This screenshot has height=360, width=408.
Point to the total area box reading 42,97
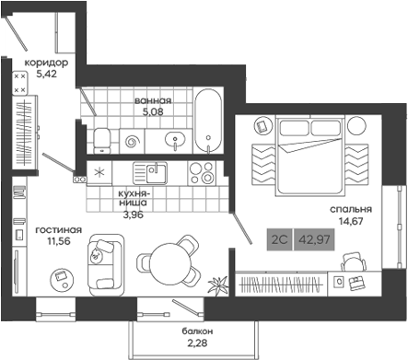[x=320, y=239]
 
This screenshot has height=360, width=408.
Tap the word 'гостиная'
[x=59, y=230]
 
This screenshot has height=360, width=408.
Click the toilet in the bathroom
[x=103, y=140]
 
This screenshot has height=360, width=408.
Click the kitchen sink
[x=147, y=171]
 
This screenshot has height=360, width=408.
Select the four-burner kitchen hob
[x=201, y=172]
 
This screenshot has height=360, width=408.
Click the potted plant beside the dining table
[x=217, y=284]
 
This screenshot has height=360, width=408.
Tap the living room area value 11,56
[x=59, y=243]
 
